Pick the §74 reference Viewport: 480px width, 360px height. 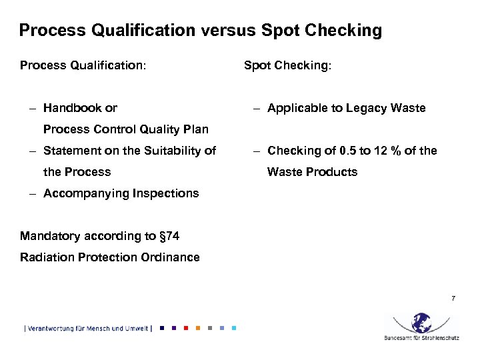169,236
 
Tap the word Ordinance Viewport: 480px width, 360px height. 173,257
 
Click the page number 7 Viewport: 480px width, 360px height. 453,298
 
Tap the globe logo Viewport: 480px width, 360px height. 421,323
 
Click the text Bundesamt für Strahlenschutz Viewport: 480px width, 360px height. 421,338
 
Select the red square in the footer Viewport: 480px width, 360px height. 185,328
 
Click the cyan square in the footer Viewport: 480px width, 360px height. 233,328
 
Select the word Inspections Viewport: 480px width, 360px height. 167,193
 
